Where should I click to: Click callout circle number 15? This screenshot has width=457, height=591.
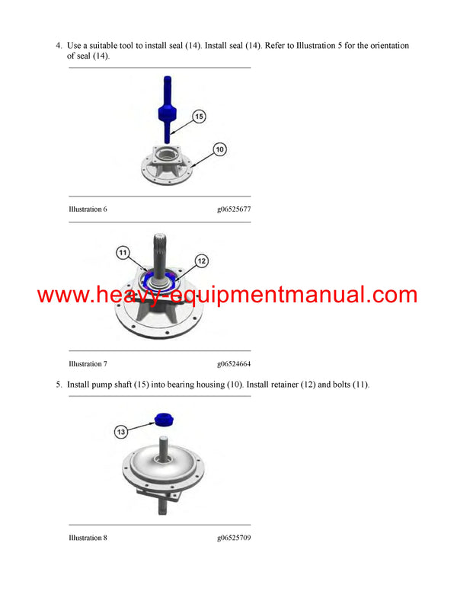tap(199, 117)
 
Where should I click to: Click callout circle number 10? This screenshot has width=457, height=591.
tap(219, 149)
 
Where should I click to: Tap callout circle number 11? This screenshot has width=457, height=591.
tap(123, 253)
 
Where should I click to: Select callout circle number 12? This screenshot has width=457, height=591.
tap(202, 260)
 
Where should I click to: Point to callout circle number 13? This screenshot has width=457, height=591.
tap(120, 432)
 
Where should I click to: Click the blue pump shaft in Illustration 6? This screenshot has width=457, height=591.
tap(167, 110)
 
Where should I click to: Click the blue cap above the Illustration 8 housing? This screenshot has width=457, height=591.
tap(165, 420)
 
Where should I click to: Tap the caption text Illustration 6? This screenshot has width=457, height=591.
tap(88, 209)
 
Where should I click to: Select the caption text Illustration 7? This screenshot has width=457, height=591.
tap(88, 364)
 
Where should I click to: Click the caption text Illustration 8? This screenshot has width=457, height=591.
tap(88, 538)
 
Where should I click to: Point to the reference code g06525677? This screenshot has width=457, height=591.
tap(234, 209)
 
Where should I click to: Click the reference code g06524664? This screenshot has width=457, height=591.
tap(234, 364)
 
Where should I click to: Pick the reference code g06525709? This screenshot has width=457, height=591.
tap(234, 538)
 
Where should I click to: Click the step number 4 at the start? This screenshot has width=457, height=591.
tap(59, 46)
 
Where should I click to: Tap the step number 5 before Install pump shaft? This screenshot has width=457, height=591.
tap(59, 385)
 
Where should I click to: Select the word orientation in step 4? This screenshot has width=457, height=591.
tap(389, 46)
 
